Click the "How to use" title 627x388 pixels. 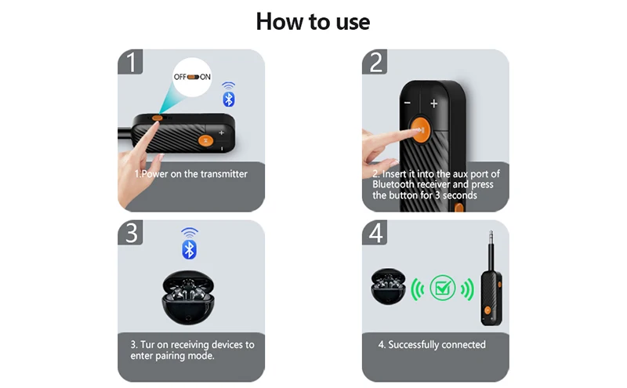click(313, 22)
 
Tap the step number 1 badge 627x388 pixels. click(130, 62)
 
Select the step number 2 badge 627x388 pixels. click(375, 62)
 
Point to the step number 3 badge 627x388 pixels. click(130, 232)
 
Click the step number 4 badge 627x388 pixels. click(375, 232)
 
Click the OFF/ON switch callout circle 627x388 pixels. click(192, 77)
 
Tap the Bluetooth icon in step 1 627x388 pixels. click(228, 95)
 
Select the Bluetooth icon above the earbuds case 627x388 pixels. click(189, 244)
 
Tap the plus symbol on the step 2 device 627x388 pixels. click(434, 103)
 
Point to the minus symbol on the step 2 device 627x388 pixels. click(407, 103)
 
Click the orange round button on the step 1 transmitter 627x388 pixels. click(205, 140)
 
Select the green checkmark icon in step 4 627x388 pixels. click(442, 288)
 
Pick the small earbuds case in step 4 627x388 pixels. click(388, 286)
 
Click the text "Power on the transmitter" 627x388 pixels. click(194, 174)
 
